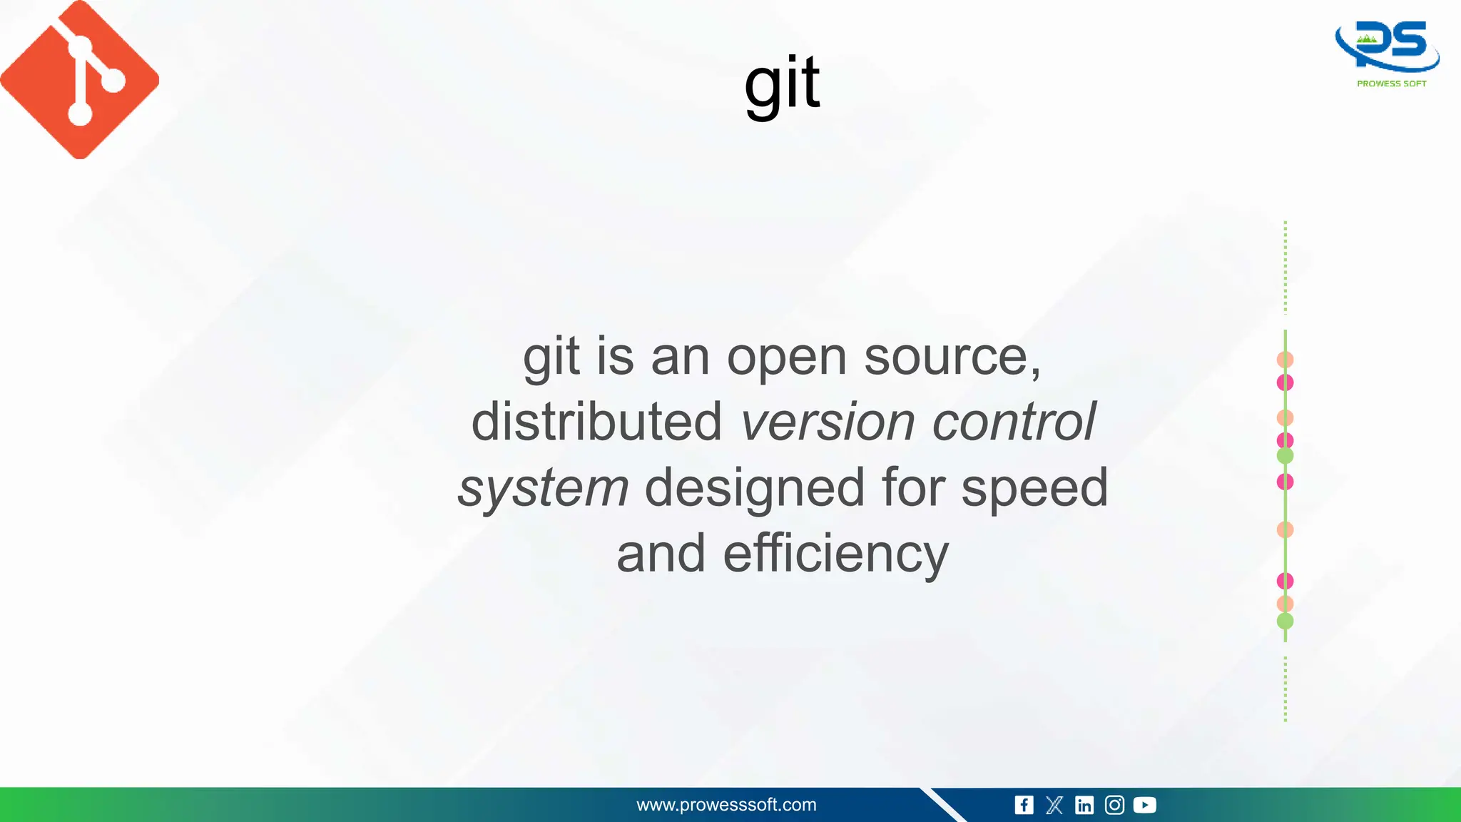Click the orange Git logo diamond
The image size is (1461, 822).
(79, 79)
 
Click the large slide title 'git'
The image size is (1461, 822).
(782, 84)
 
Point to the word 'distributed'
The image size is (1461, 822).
(596, 422)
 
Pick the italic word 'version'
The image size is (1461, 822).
(828, 422)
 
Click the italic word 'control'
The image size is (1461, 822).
(1013, 422)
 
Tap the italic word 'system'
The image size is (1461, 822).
(543, 489)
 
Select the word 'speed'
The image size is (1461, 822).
(1034, 489)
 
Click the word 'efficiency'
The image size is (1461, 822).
(835, 554)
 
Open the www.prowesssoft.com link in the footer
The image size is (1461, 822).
(726, 805)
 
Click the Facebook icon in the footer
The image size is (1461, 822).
(1024, 805)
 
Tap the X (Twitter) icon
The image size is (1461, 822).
(1054, 805)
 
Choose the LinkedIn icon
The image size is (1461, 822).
(1084, 805)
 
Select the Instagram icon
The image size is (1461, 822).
(1114, 805)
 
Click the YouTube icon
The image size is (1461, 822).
(1144, 805)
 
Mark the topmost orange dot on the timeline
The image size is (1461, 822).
(1285, 360)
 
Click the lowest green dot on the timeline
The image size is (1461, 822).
(1285, 621)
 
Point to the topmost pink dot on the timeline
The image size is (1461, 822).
(1285, 382)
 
